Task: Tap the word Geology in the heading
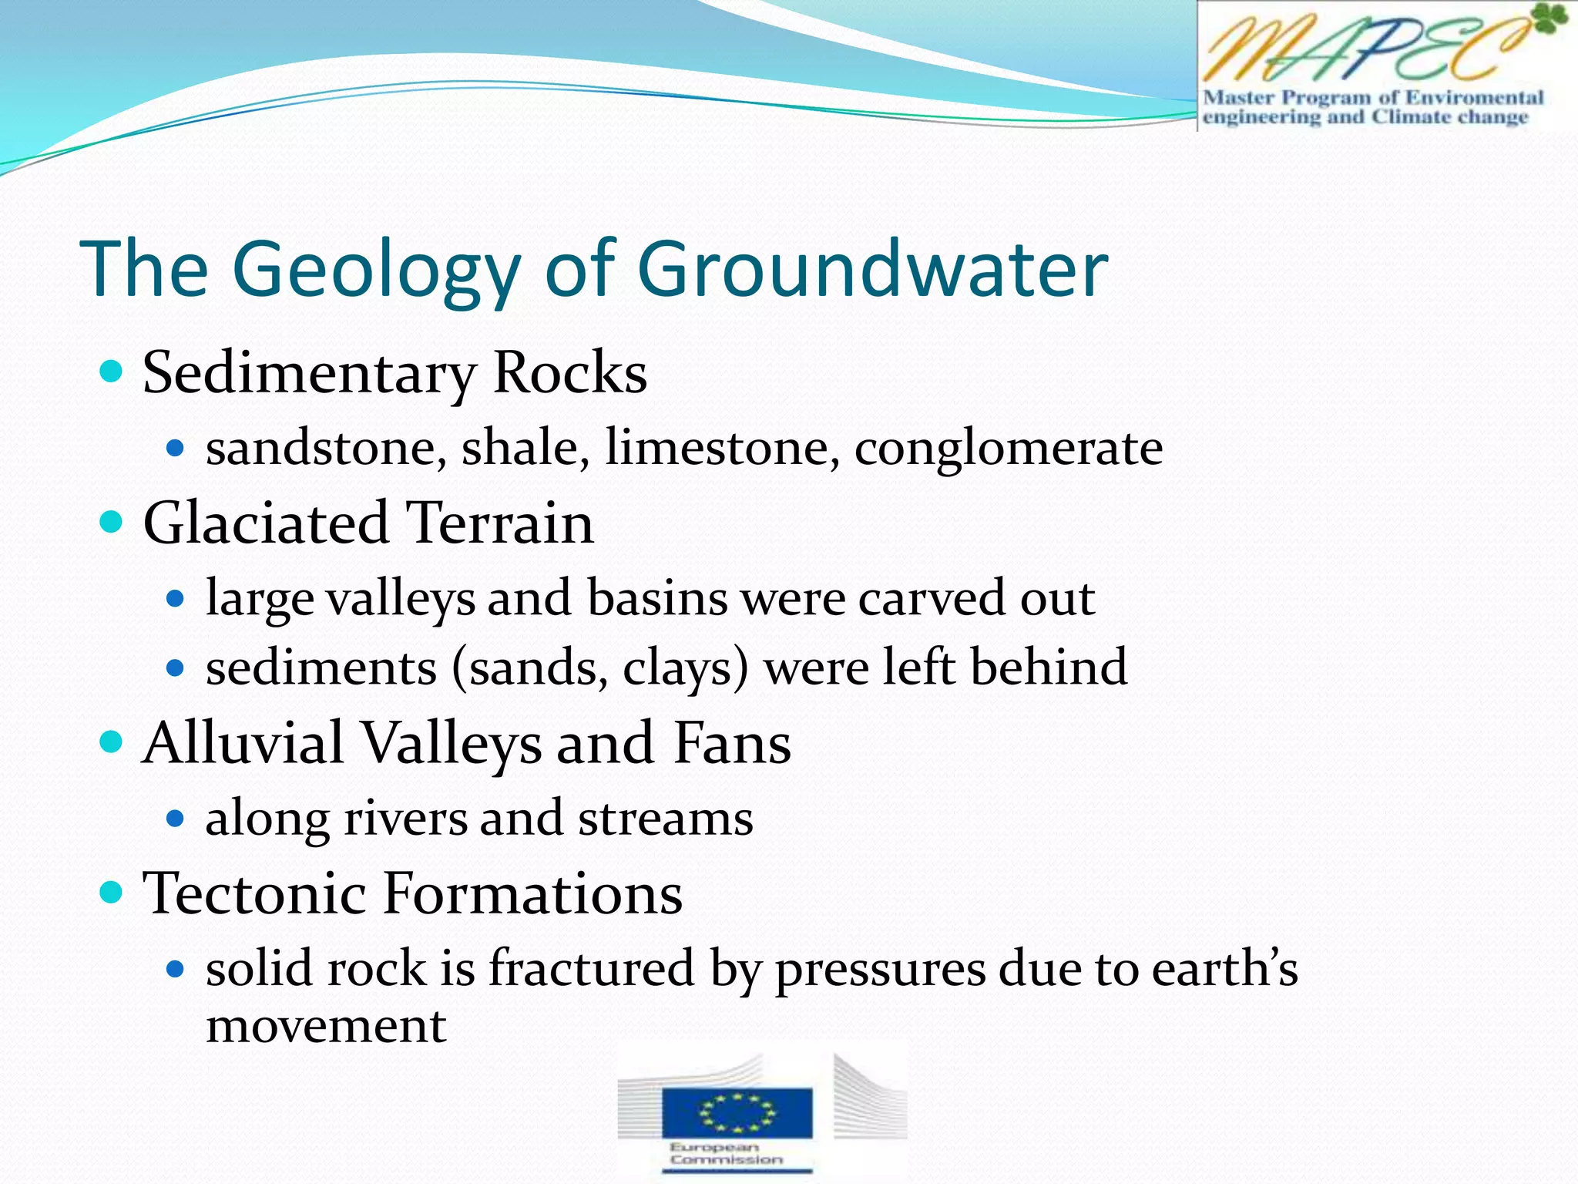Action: [x=377, y=271]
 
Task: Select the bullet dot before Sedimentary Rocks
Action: [x=112, y=372]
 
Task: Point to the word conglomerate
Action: [x=1009, y=449]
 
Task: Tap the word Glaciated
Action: [x=266, y=523]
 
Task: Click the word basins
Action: [x=656, y=598]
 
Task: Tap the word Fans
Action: [x=732, y=743]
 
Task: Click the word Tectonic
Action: [x=254, y=893]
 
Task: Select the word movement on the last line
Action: [x=326, y=1027]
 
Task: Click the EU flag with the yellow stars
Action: [x=737, y=1112]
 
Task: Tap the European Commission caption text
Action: [x=725, y=1153]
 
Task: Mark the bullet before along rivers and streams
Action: [x=176, y=819]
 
